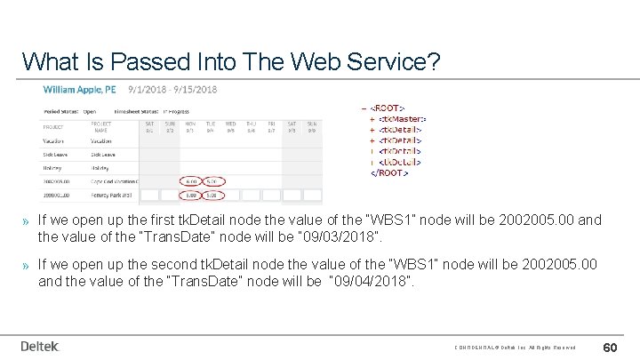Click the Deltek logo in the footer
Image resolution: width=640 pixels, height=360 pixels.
40,346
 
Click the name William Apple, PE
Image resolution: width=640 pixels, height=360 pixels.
81,90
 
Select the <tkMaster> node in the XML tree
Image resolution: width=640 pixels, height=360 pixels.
402,118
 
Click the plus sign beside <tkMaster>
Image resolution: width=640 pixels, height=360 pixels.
372,118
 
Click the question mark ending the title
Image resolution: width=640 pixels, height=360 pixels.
433,61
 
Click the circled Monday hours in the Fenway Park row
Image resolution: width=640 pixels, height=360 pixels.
190,194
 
